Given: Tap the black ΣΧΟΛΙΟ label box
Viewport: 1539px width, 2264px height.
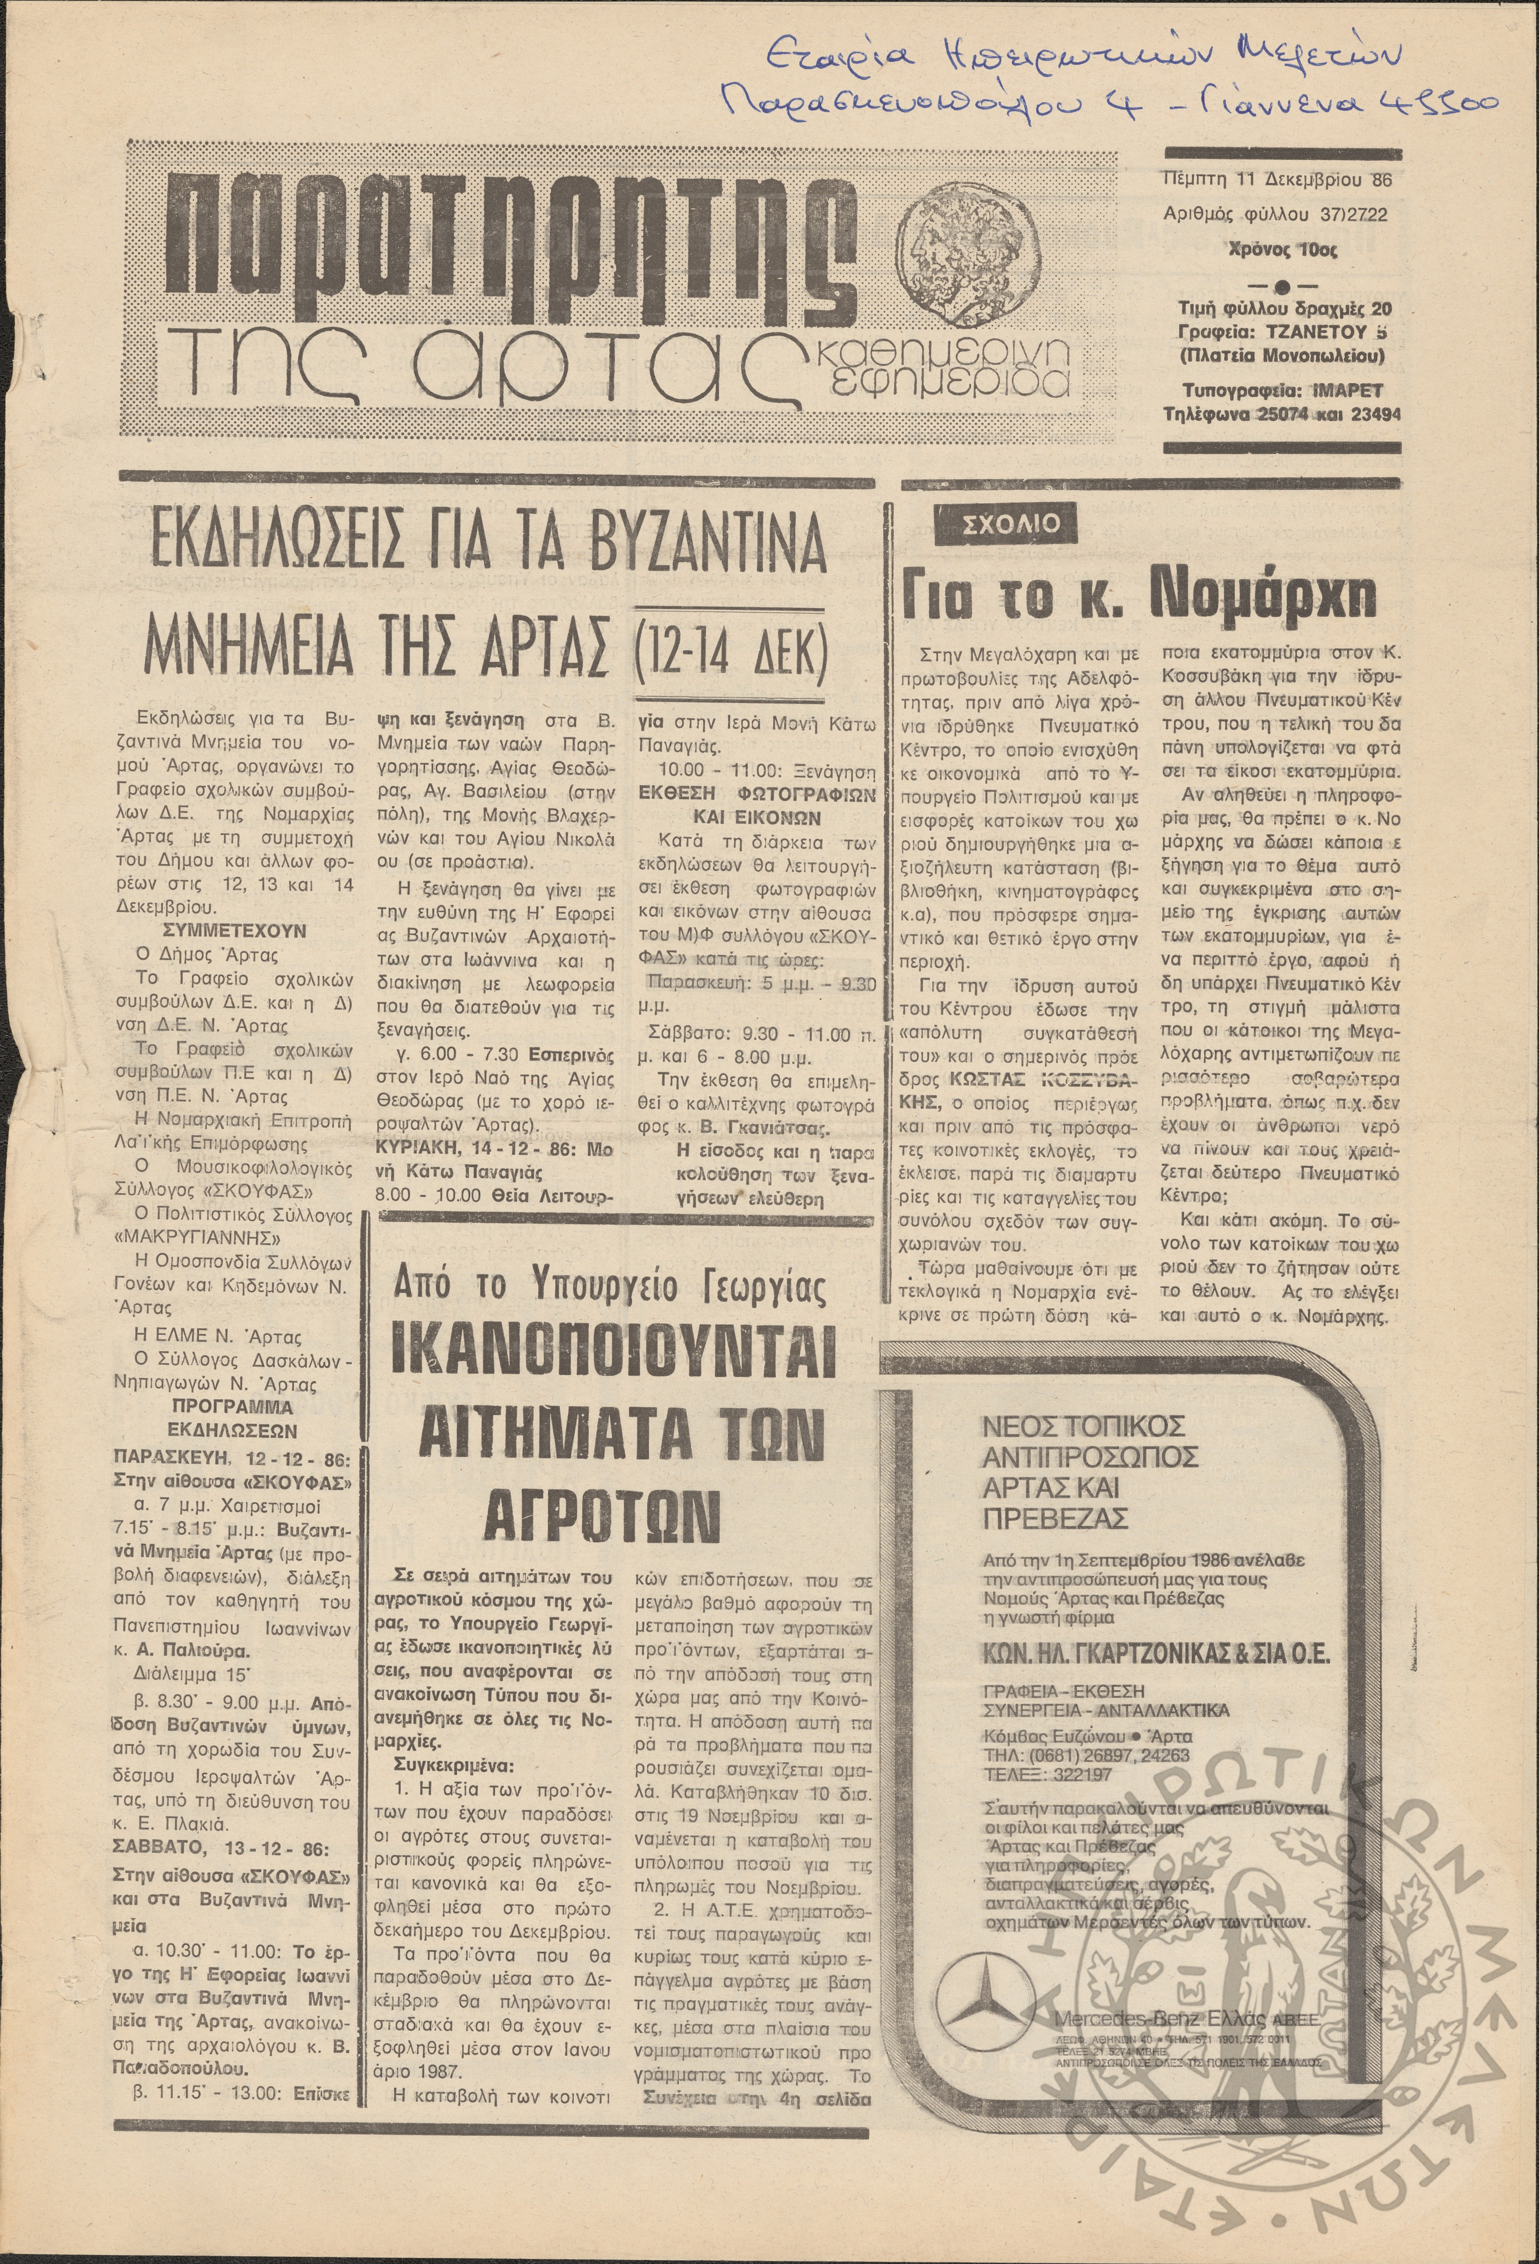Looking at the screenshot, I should pos(1008,524).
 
